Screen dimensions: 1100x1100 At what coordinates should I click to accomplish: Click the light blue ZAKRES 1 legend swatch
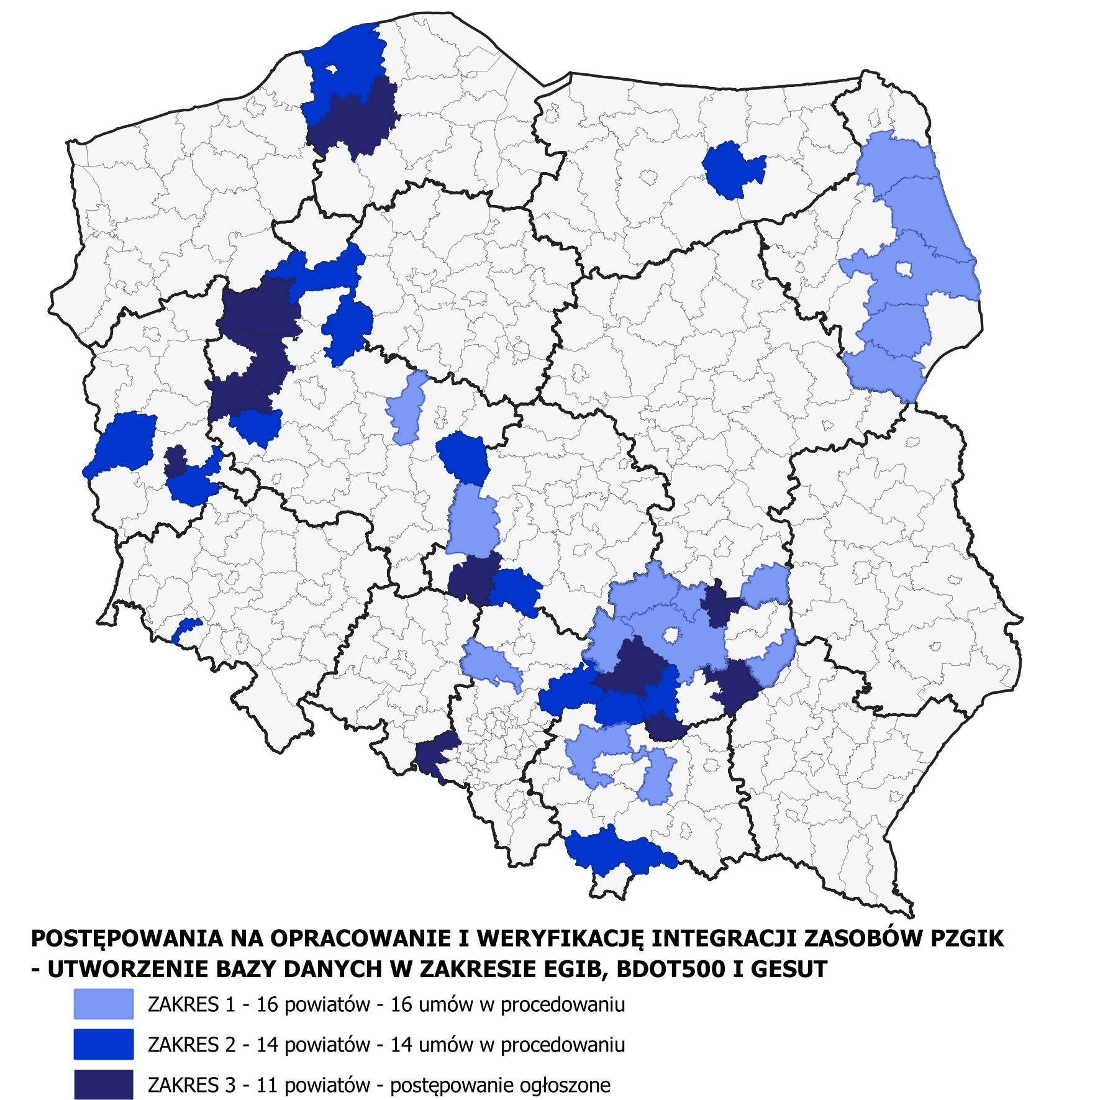103,1003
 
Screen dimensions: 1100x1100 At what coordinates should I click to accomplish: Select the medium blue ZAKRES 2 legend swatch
103,1043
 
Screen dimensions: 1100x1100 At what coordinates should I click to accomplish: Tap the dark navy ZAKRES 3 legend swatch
103,1084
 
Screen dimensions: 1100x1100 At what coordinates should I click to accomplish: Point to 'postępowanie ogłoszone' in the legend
500,1085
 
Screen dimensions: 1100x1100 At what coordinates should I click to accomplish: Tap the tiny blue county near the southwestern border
184,629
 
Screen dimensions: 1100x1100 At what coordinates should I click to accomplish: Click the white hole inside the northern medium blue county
332,70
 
